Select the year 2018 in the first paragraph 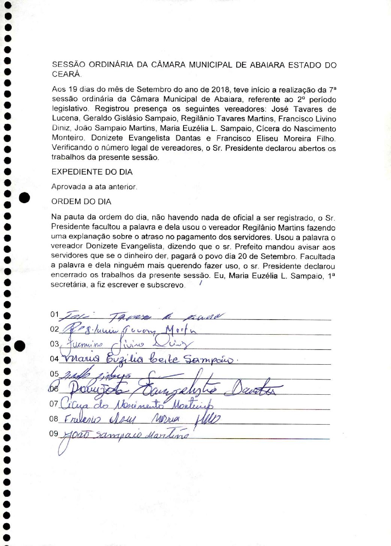point(220,90)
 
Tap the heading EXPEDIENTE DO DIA point(92,172)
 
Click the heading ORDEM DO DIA point(81,202)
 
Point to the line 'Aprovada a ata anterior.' point(94,187)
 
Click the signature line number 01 point(54,314)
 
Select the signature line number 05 point(54,374)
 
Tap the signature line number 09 point(54,433)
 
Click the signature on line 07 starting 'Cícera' point(137,404)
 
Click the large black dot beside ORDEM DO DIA point(24,197)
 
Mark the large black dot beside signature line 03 point(20,346)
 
